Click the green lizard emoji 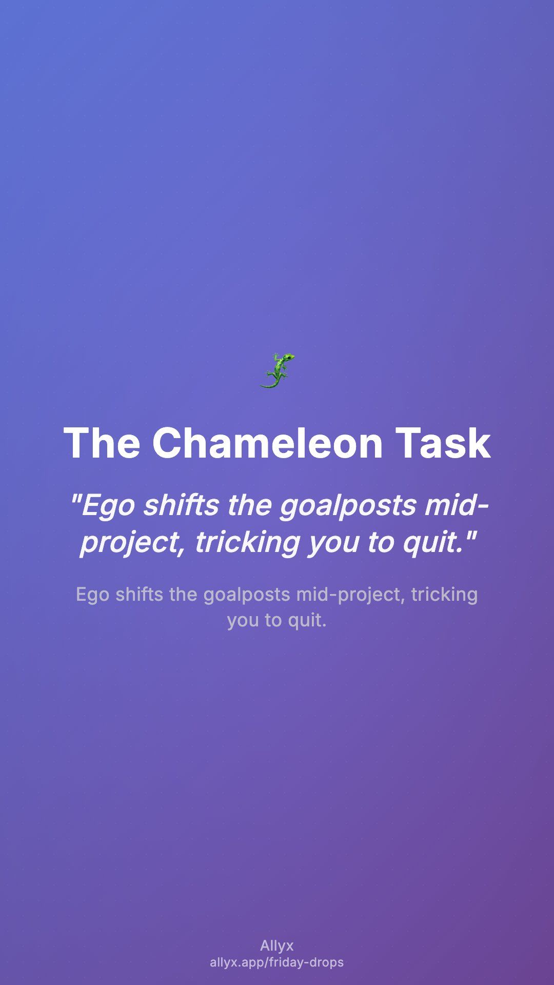277,370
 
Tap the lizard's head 289,357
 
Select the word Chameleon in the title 267,443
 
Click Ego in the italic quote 108,506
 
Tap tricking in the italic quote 247,543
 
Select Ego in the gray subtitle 92,595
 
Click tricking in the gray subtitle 444,595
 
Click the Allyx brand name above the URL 277,946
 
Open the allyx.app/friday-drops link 277,962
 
